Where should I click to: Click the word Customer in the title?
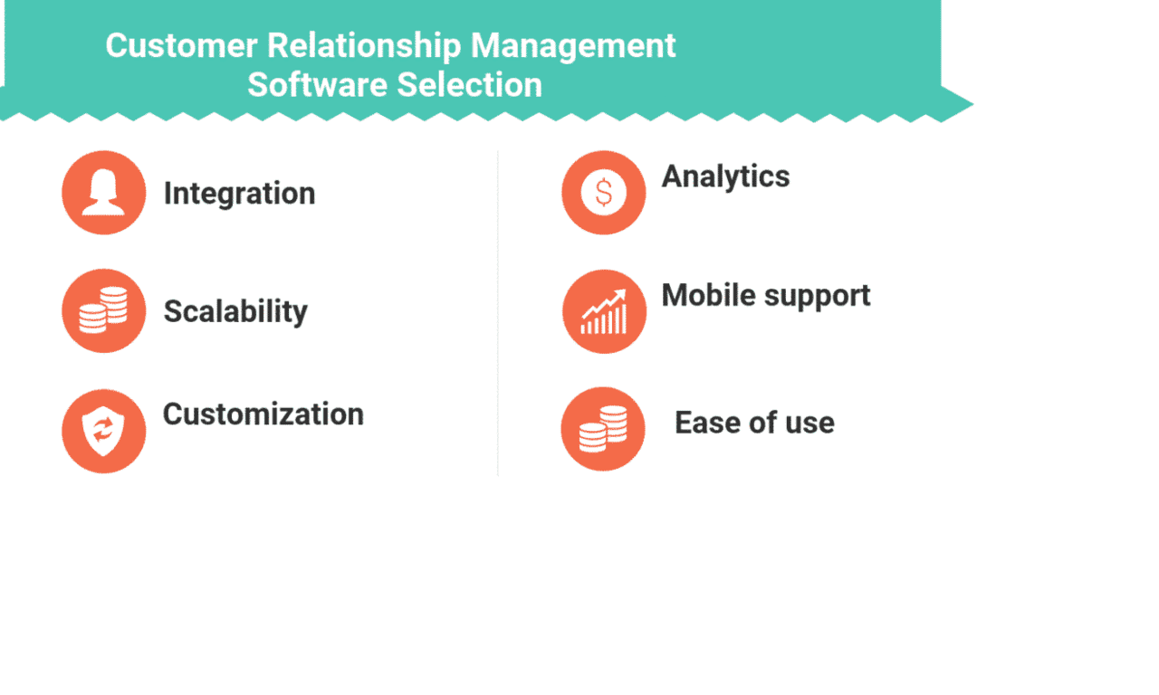click(169, 45)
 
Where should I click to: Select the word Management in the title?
click(573, 45)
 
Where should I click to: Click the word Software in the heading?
click(317, 85)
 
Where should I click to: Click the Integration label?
click(239, 194)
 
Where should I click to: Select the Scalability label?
click(235, 311)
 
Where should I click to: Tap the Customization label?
click(263, 414)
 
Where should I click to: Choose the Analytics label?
click(725, 176)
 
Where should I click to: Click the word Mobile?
click(706, 295)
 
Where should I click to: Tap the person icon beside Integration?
click(103, 193)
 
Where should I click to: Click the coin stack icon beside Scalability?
click(103, 310)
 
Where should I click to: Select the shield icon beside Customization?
click(103, 431)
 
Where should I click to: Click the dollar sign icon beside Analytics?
click(603, 193)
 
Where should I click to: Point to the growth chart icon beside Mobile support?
click(604, 311)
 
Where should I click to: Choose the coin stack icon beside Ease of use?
click(603, 429)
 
